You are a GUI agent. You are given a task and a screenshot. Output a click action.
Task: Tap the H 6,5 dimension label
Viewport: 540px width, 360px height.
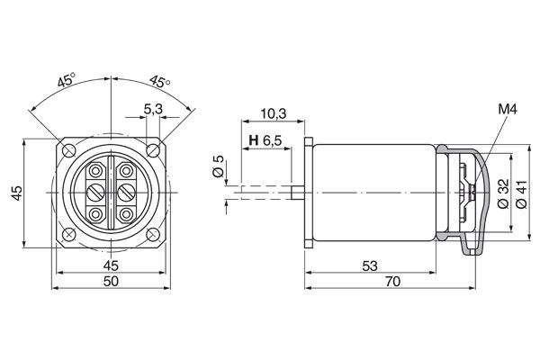[265, 141]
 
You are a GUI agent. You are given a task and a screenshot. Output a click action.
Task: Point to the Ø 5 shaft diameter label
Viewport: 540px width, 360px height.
[218, 167]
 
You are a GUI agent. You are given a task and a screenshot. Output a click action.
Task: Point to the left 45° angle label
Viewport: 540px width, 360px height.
[66, 80]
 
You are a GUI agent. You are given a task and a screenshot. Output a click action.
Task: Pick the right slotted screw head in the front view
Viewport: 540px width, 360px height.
[126, 191]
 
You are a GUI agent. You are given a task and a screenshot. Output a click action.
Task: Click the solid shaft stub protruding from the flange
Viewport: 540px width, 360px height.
[297, 191]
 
